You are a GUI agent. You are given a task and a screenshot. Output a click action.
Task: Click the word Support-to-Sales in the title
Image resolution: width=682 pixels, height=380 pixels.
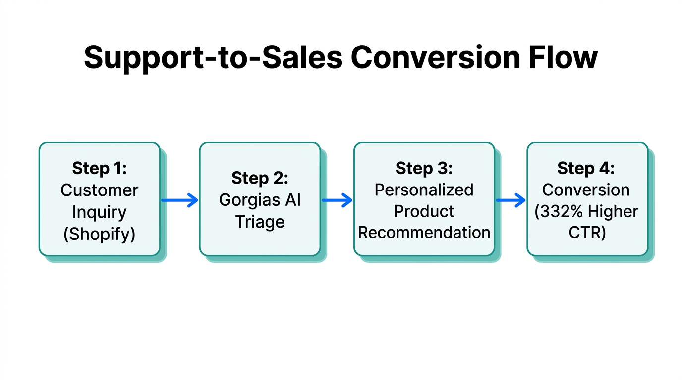click(x=213, y=58)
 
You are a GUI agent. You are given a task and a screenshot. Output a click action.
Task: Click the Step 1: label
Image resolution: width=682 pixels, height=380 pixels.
click(x=100, y=168)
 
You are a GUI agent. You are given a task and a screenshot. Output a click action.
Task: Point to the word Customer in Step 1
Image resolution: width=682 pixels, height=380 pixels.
click(x=100, y=190)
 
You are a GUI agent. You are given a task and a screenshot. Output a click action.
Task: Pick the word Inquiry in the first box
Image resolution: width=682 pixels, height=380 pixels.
click(x=100, y=212)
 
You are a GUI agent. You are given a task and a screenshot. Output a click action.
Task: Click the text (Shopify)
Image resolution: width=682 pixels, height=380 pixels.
click(x=100, y=233)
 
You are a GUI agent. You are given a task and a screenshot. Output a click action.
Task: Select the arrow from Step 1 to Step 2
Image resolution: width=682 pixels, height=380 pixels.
click(x=179, y=200)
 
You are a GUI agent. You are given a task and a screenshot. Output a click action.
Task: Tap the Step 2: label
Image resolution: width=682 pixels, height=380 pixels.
click(x=260, y=178)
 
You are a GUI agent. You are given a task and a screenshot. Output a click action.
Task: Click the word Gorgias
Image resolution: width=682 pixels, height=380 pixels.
click(x=246, y=200)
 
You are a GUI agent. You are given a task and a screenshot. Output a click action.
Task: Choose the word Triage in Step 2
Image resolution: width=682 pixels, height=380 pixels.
click(x=260, y=222)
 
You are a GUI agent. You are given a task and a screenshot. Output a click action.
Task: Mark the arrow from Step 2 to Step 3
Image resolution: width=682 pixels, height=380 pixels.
click(x=337, y=200)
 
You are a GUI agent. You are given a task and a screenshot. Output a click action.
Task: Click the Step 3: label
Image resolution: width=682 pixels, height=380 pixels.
click(x=424, y=168)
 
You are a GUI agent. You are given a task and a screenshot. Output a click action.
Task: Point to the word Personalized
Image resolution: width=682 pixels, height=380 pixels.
click(x=424, y=190)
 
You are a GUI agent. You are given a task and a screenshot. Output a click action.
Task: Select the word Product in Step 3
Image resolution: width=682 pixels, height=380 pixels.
click(x=424, y=211)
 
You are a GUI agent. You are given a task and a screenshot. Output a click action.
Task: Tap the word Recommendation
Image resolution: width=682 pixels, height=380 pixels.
click(x=424, y=233)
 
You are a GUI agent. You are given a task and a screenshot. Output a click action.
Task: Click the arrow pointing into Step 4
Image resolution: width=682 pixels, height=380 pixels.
click(x=511, y=200)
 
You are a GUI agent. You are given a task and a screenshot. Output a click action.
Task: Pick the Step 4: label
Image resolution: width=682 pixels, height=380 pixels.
click(x=586, y=168)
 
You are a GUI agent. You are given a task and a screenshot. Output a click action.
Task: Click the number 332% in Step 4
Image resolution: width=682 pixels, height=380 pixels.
click(x=560, y=212)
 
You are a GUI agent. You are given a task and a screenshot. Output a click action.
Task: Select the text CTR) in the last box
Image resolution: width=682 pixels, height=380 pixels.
click(x=587, y=233)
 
